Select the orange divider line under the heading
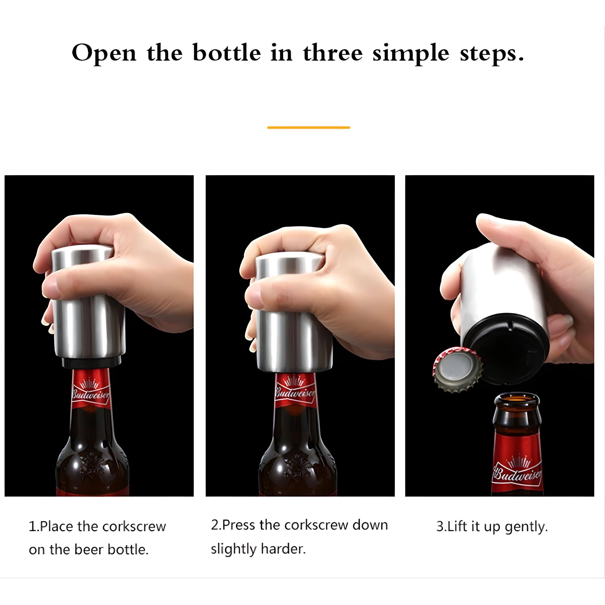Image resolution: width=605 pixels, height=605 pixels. tap(309, 127)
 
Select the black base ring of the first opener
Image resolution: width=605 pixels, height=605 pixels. tap(91, 363)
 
